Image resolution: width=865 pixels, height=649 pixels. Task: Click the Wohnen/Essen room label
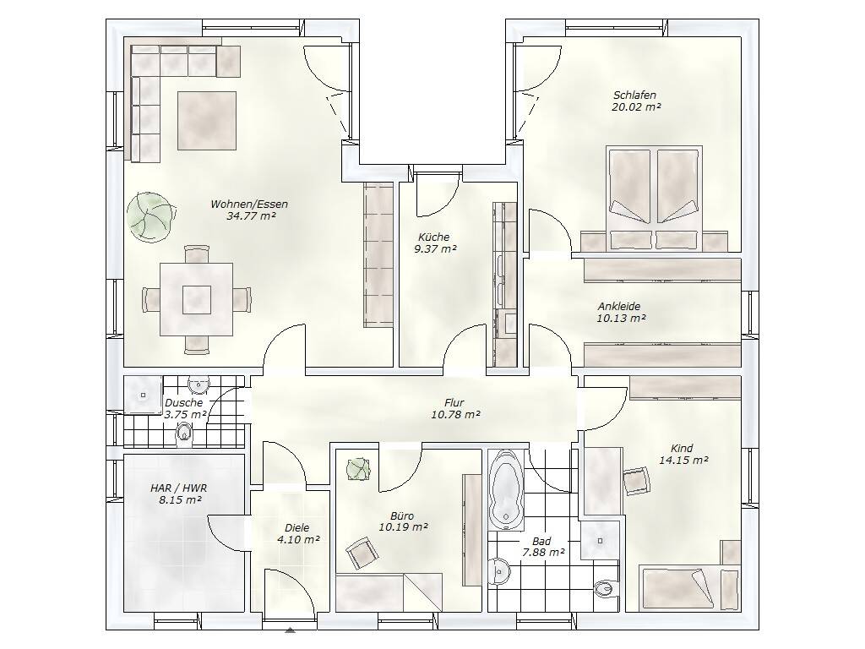coord(249,205)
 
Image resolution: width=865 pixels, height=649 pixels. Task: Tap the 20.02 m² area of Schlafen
coord(636,107)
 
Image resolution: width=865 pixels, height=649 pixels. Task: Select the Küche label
coord(434,237)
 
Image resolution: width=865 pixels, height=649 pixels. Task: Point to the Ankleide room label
coord(619,306)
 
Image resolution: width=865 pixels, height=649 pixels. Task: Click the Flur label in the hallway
coord(454,403)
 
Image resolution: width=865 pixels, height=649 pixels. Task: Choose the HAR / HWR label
coord(178,488)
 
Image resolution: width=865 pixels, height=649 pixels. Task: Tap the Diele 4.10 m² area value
coord(298,540)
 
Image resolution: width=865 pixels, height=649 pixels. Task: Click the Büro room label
coord(402,516)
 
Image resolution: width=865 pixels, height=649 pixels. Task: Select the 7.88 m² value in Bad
coord(543,552)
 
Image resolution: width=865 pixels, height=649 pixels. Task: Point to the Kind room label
coord(682,448)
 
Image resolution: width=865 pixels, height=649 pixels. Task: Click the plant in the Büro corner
coord(358,470)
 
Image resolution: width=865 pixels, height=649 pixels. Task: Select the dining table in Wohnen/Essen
coord(196,299)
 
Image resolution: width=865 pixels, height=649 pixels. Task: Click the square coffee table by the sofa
coord(207,121)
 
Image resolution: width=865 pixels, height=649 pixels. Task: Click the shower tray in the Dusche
coord(143,395)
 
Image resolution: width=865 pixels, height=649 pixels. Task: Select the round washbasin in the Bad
coord(499,570)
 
